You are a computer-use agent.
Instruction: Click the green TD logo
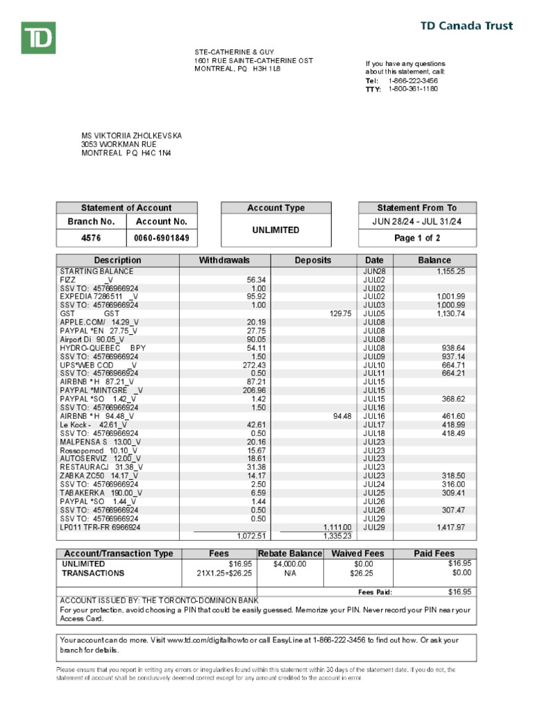(x=38, y=37)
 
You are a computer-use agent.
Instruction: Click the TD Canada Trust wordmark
(x=467, y=26)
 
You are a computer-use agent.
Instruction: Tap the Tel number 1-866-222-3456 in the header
(x=413, y=80)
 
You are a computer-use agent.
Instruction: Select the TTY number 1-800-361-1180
(x=413, y=89)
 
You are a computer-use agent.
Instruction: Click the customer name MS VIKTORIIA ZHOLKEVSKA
(x=132, y=136)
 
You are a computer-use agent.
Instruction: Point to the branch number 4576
(x=91, y=238)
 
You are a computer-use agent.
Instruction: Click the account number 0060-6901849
(x=162, y=238)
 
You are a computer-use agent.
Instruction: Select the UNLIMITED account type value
(x=276, y=230)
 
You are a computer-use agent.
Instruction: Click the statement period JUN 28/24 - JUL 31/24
(x=417, y=221)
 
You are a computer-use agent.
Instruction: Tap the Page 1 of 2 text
(x=417, y=238)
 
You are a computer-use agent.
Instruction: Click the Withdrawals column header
(x=224, y=260)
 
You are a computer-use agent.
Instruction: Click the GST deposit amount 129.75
(x=338, y=313)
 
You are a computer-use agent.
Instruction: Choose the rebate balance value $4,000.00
(x=290, y=564)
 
